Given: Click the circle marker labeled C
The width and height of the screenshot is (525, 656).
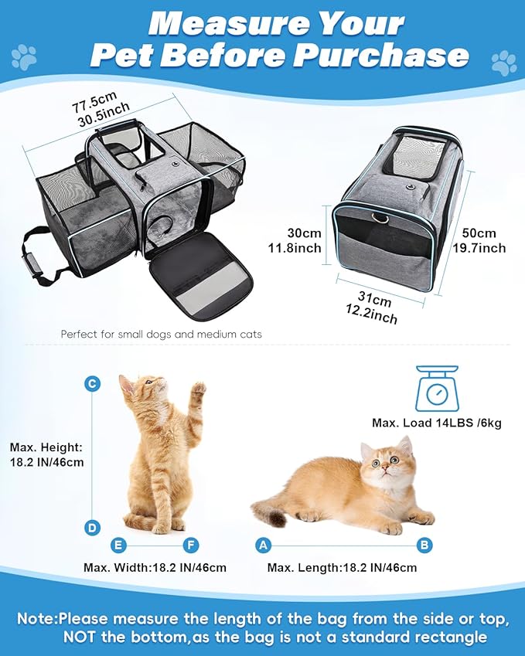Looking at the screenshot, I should coord(92,384).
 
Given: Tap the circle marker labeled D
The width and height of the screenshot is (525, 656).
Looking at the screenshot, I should coord(92,529).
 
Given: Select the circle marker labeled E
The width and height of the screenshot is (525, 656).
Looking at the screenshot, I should coord(118,546).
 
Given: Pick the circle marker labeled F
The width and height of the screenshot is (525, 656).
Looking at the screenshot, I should coord(191,546).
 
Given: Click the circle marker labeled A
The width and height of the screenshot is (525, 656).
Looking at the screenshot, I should coord(264,546).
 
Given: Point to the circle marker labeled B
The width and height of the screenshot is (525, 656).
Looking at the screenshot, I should coord(424,546).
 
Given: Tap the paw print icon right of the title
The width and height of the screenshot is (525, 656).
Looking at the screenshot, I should coord(504,61).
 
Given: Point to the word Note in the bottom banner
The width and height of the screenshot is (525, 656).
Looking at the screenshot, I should coord(36,618).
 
